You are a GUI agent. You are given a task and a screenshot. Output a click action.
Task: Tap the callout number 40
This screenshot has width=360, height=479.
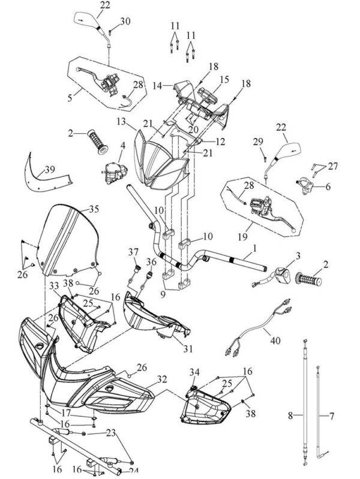pyautogui.click(x=275, y=339)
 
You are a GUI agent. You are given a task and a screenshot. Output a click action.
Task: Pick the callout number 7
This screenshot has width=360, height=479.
pyautogui.click(x=328, y=414)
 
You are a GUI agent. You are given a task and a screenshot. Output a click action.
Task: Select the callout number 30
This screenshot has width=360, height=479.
pyautogui.click(x=125, y=22)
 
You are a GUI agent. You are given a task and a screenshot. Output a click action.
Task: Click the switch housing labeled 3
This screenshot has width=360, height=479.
pyautogui.click(x=280, y=276)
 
